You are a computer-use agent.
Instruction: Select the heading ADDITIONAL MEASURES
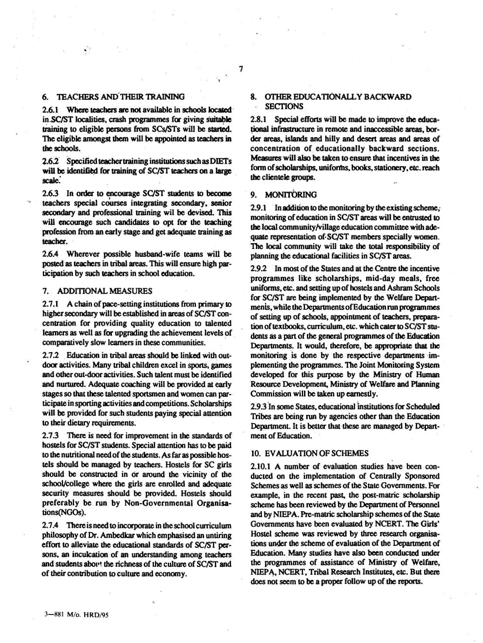(x=105, y=291)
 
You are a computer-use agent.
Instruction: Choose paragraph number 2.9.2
(x=259, y=269)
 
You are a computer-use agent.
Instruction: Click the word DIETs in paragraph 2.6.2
(x=221, y=162)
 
